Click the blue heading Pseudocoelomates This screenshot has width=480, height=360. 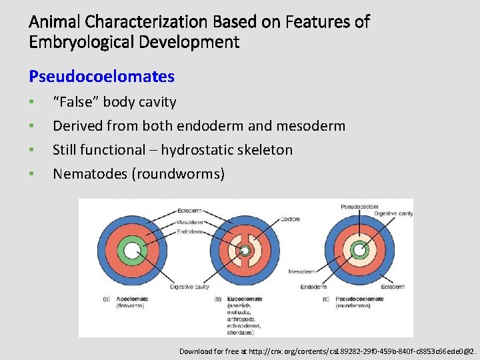(101, 77)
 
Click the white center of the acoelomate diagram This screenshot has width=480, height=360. (131, 251)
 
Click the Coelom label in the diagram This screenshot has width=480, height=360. (289, 219)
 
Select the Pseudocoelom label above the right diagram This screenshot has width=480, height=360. (359, 207)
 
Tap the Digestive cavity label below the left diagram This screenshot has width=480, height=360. (190, 287)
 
